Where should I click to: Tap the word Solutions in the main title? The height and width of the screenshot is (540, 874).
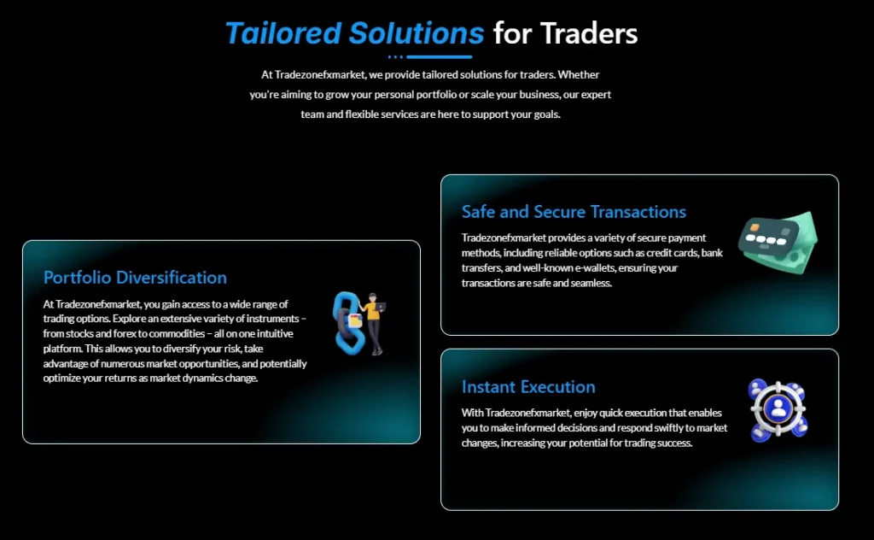tap(416, 33)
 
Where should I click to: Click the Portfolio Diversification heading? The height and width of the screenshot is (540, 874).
tap(135, 278)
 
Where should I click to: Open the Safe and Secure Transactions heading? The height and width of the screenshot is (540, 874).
tap(574, 212)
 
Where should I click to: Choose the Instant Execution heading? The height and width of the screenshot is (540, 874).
tap(528, 387)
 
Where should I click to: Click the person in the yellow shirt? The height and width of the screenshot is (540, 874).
tap(374, 320)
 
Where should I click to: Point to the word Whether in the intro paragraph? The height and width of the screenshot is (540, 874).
tap(580, 75)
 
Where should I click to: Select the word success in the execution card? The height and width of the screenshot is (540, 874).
tap(673, 443)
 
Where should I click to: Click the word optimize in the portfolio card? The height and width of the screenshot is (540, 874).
tap(65, 379)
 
